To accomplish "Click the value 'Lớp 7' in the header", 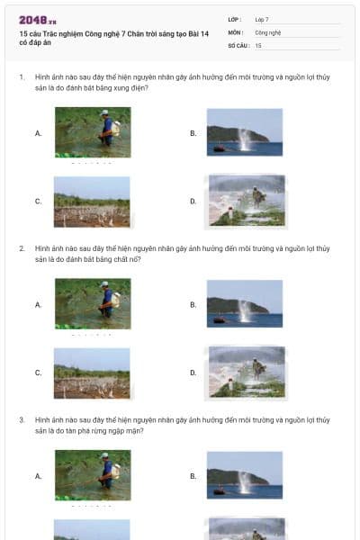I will pos(262,19).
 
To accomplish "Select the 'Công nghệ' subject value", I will pos(268,31).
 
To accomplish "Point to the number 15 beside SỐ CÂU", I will pos(258,44).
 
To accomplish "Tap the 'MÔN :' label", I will pos(235,31).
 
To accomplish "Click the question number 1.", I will pos(21,77).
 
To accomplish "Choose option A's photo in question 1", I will pos(92,132).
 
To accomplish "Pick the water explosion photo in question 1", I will pos(244,132).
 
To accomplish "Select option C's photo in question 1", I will pos(92,201).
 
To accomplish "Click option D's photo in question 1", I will pos(247,201).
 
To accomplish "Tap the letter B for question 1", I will pos(193,133).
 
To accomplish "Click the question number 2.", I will pos(21,248).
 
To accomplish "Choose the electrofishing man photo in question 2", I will pos(92,303).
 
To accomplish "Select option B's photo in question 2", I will pos(244,303).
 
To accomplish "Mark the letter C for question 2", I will pos(38,373).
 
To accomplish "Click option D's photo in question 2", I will pos(247,372).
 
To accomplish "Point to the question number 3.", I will pos(21,419).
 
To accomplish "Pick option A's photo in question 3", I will pos(92,474).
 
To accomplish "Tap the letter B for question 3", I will pos(193,475).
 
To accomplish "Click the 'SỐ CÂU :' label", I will pos(238,44).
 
